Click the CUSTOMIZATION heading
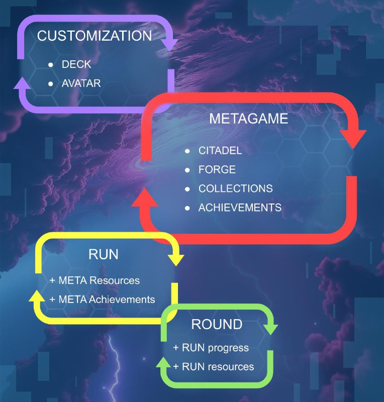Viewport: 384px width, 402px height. coord(94,36)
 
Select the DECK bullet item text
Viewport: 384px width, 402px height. coord(76,64)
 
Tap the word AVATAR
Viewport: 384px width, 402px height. coord(81,83)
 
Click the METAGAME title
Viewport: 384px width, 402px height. coord(249,119)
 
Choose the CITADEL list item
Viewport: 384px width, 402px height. coord(220,150)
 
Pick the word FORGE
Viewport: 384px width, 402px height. coord(217,169)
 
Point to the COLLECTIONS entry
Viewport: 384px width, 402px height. coord(236,188)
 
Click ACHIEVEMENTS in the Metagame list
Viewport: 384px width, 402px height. coord(240,208)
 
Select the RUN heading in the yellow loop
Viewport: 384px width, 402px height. coord(104,254)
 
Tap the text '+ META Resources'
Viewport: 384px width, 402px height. coord(94,280)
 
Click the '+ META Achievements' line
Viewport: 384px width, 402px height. coord(102,299)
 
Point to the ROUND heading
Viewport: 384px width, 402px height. coord(217,324)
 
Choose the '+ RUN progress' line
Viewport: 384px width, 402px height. coord(211,348)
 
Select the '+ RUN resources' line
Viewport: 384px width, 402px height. coord(214,367)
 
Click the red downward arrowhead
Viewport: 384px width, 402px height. coord(353,139)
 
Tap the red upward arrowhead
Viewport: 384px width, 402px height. coord(145,197)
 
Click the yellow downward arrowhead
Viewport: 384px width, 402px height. coord(176,260)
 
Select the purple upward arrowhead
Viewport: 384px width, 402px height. coord(22,83)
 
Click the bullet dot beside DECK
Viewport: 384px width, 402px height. coord(51,65)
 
